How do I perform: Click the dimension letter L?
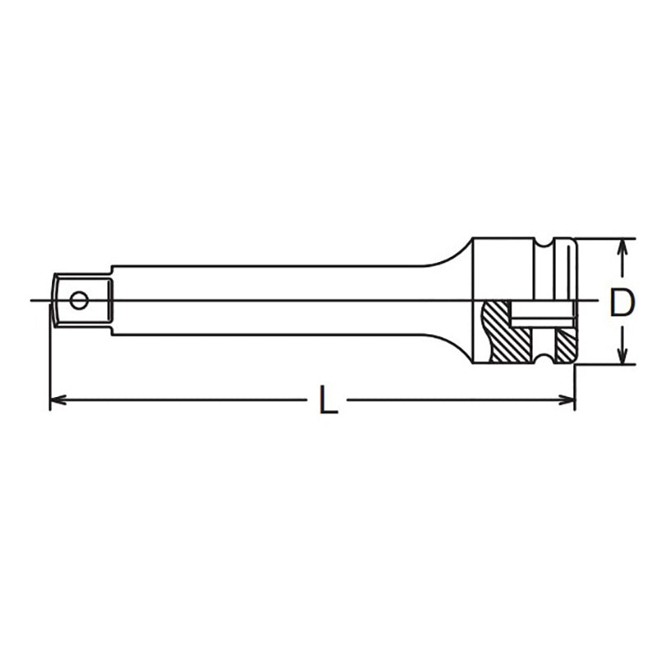(328, 401)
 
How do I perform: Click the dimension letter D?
(622, 302)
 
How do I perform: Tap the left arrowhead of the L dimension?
(56, 401)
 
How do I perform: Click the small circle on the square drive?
(79, 301)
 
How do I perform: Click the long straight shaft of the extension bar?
(264, 301)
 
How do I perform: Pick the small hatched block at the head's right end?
(564, 346)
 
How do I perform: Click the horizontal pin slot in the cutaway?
(540, 314)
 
